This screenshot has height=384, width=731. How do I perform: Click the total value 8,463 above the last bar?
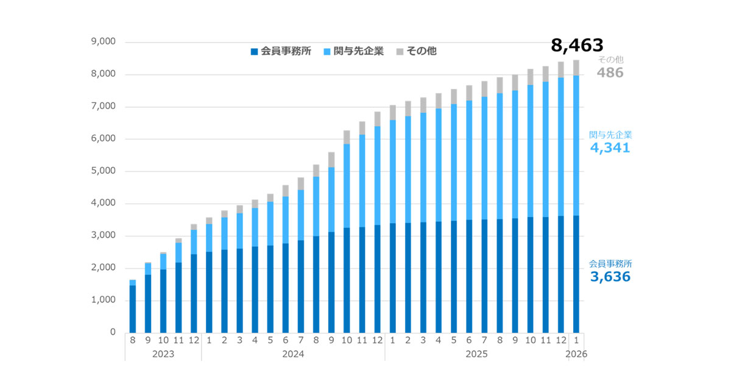tap(576, 45)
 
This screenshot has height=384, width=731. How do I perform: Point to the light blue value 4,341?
tap(609, 148)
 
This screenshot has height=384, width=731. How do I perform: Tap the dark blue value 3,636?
tap(610, 277)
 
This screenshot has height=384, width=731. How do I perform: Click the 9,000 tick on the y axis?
tap(103, 42)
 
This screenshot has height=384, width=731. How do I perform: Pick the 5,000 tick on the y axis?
tap(103, 171)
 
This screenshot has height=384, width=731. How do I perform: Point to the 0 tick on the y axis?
tap(112, 332)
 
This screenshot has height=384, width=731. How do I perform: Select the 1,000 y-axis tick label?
tap(103, 300)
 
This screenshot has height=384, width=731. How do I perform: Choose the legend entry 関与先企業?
tap(359, 51)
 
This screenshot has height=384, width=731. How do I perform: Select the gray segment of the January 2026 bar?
tap(576, 68)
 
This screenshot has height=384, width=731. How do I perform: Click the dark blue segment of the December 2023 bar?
tap(194, 293)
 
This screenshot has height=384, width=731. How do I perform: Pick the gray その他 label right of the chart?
tap(610, 60)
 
